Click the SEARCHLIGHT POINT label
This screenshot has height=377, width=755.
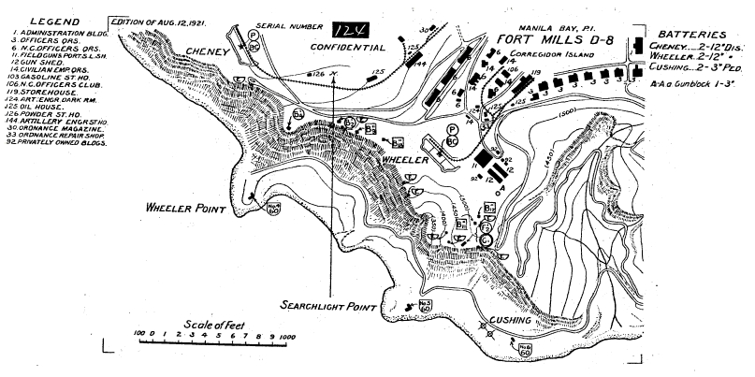[330, 305]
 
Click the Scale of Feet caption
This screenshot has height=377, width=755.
[209, 323]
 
